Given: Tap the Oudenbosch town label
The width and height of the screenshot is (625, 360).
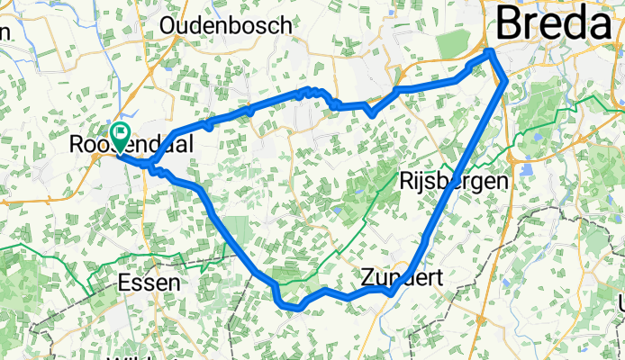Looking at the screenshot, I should coord(226,25).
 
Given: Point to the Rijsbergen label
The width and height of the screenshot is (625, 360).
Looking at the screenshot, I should coord(454,181).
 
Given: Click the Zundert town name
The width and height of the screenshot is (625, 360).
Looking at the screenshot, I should coord(403,277).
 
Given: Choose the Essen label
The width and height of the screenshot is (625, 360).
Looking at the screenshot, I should coord(149,283).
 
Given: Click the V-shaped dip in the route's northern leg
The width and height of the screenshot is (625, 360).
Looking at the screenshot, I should coord(372,113).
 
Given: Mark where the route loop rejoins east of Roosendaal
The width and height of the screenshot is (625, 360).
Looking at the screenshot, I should coord(153,166).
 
